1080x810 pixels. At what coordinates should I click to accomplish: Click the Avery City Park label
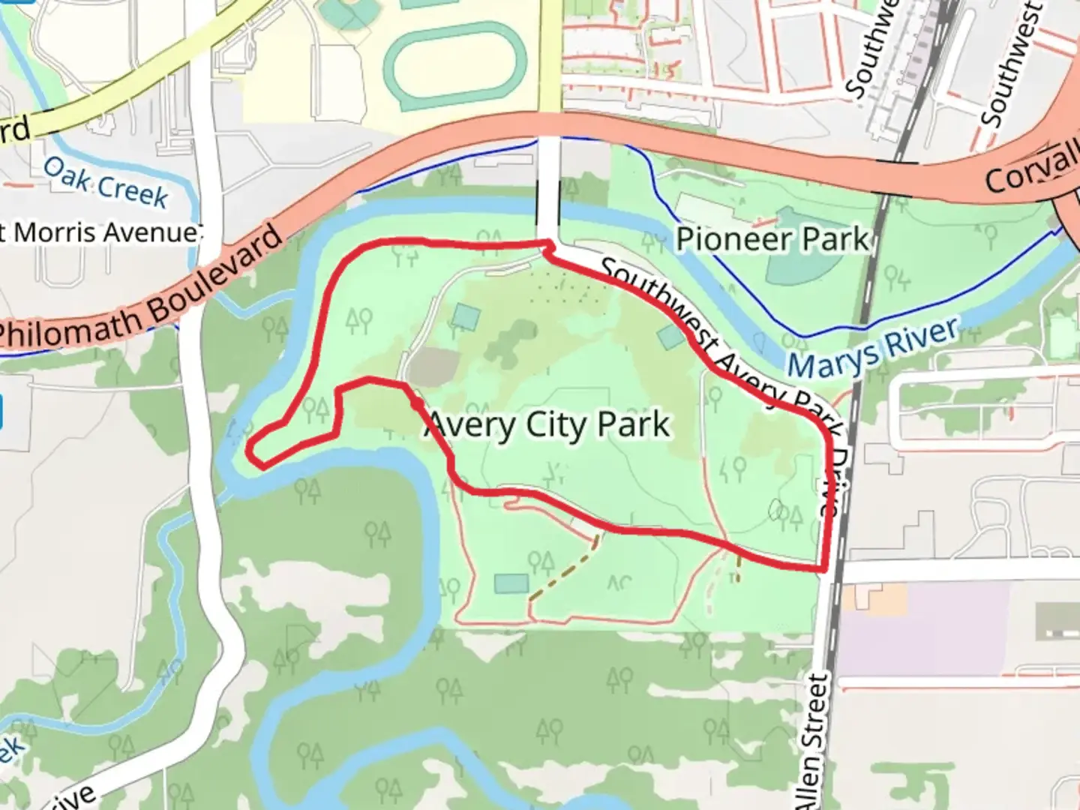pos(547,425)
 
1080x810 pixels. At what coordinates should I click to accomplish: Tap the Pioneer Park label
pos(772,239)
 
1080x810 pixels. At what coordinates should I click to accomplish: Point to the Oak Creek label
pos(105,182)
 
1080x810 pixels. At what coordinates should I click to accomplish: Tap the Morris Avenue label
pos(100,232)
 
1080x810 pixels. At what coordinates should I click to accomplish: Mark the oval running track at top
pos(454,67)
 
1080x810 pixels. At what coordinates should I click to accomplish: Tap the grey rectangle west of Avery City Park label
pos(431,366)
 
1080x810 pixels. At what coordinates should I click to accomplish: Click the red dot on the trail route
pos(415,403)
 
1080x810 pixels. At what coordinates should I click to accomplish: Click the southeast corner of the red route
pos(824,568)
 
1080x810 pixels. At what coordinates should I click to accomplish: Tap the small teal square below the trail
pos(511,583)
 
